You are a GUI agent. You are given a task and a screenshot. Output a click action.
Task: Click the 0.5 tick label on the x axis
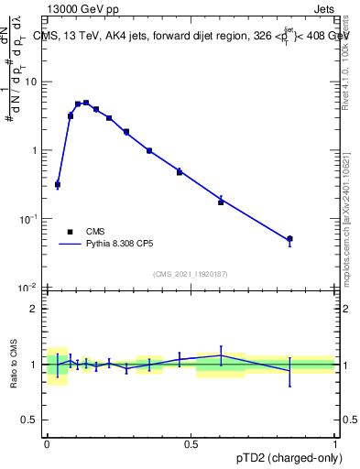[191, 443]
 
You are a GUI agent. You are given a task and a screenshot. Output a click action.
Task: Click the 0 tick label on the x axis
[47, 443]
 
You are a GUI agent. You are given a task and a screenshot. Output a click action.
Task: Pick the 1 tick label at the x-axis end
[334, 443]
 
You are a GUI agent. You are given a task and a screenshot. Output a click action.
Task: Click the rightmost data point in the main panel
[289, 239]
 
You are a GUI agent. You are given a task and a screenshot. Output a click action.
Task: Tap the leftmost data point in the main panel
[58, 184]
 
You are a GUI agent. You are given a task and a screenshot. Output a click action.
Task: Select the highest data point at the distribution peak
[86, 104]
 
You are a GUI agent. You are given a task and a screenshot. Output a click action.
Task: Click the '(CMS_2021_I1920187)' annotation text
[191, 274]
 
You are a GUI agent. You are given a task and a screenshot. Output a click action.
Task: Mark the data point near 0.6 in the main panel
[221, 202]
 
